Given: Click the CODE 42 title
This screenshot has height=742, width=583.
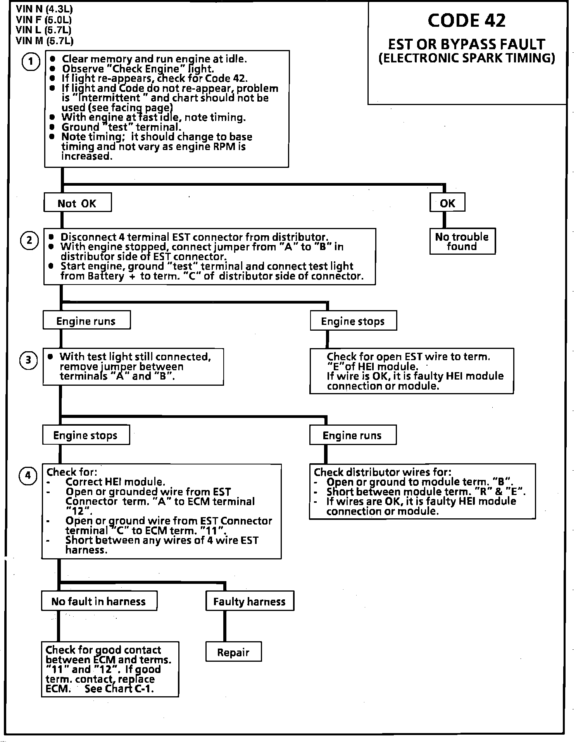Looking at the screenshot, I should click(467, 21).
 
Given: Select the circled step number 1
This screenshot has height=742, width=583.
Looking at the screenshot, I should click(31, 62).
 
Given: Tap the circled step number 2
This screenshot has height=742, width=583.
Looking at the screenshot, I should click(29, 240).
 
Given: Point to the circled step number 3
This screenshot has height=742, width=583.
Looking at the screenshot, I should click(28, 360).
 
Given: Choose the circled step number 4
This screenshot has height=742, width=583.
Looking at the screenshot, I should click(28, 475).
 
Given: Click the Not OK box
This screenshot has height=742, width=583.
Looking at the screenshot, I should click(78, 203).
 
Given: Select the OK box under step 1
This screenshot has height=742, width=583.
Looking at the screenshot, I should click(447, 203).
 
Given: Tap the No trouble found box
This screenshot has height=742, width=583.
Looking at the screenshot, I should click(462, 242).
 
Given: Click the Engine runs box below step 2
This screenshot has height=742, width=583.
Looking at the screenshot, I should click(86, 321).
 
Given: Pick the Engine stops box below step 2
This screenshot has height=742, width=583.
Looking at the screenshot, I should click(353, 321).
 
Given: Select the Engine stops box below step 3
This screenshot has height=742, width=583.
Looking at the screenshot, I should click(86, 435).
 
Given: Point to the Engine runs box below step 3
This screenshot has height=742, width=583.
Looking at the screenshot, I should click(352, 435).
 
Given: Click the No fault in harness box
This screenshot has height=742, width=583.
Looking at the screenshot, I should click(99, 601).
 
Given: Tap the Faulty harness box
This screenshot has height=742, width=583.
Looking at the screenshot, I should click(249, 601).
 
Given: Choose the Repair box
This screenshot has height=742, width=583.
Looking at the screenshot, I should click(233, 652).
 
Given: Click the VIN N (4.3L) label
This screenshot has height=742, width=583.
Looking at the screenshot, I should click(44, 9).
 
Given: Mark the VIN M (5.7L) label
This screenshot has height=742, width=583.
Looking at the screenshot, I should click(45, 40).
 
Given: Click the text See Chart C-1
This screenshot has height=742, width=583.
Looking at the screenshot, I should click(119, 689).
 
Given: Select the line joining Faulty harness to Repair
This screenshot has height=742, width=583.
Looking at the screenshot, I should click(224, 626).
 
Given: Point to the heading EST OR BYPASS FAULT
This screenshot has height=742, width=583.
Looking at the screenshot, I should click(467, 44).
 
